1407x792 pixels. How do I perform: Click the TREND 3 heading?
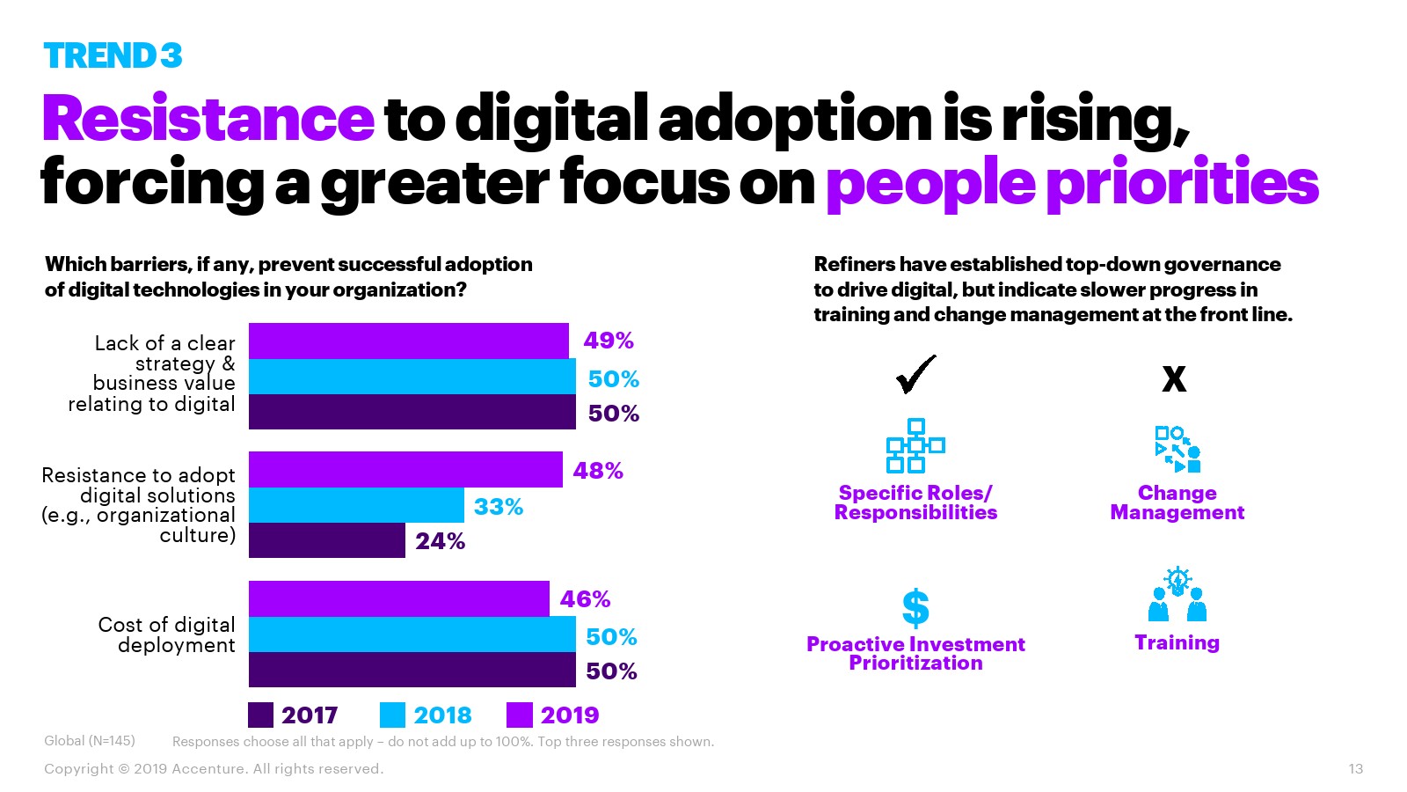point(113,55)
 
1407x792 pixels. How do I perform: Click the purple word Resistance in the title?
point(208,119)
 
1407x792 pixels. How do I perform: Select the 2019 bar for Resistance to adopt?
point(405,469)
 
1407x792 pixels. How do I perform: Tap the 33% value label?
point(498,507)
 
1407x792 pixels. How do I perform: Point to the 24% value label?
point(440,541)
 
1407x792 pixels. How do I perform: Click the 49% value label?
point(608,341)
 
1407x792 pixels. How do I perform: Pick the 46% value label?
point(585,599)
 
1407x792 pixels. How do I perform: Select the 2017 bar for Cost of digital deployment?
point(412,670)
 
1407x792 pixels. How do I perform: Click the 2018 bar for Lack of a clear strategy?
point(412,377)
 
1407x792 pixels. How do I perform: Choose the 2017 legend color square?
point(260,715)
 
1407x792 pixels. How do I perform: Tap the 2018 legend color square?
point(392,715)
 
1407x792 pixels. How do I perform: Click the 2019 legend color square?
point(520,715)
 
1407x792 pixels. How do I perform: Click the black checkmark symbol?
point(915,375)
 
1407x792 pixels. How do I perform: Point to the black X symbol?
point(1174,379)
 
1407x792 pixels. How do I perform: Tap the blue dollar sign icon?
point(915,607)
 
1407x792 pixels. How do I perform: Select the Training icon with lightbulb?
point(1177,596)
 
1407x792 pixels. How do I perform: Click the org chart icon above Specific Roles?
point(915,445)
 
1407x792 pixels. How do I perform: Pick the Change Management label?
point(1177,502)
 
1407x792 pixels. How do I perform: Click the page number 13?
point(1355,769)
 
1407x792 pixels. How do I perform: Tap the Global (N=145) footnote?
point(90,741)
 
